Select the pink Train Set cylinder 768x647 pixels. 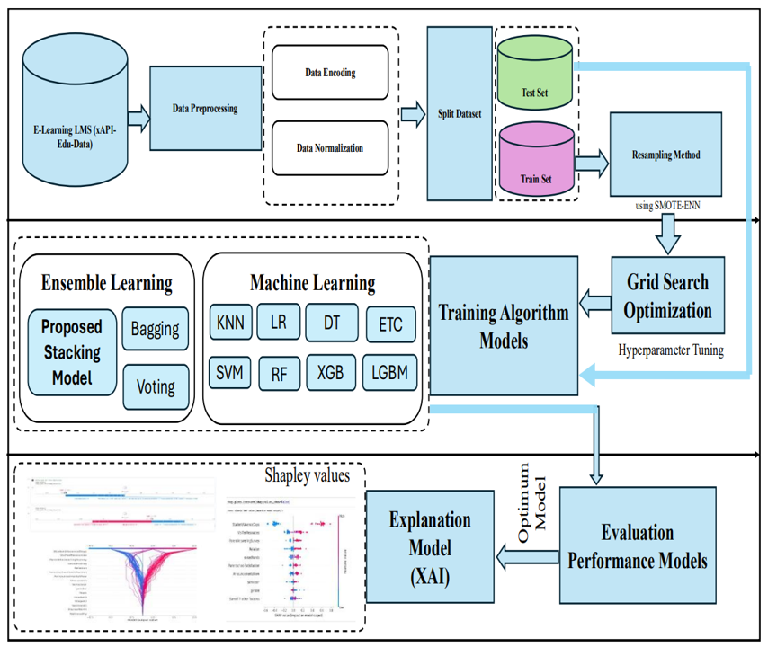click(536, 162)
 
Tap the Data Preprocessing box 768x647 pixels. click(204, 110)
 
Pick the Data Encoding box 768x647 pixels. click(330, 69)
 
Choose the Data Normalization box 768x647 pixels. click(330, 146)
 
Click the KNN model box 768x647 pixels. click(230, 322)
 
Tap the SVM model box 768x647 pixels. click(230, 372)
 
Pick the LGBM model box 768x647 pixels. click(391, 372)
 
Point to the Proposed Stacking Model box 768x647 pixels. click(72, 351)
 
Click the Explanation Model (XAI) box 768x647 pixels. click(429, 546)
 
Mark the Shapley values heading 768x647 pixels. click(308, 474)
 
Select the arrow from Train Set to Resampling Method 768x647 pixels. click(589, 163)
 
